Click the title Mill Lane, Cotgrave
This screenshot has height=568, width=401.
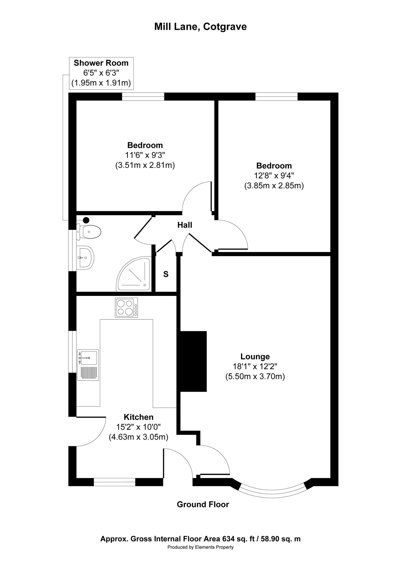pos(200,27)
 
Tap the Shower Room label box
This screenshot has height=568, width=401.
pos(101,73)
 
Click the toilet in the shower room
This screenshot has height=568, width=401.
pos(89,231)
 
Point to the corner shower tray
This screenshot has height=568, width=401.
pos(134,274)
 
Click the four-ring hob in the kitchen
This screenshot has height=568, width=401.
pos(126,308)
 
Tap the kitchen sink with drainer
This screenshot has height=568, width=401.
pos(88,365)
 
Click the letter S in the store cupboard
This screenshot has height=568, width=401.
pos(166,274)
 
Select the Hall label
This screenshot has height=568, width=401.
pos(185,225)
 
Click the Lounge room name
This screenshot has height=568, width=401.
pos(255,356)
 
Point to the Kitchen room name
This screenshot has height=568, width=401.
pos(138,417)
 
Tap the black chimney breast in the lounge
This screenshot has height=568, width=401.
pos(193,361)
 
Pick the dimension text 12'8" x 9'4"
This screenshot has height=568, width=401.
pos(274,176)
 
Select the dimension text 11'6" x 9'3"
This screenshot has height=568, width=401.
pos(145,155)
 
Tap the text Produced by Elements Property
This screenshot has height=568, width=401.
pos(200,547)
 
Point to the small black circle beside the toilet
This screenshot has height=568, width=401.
pos(86,220)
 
